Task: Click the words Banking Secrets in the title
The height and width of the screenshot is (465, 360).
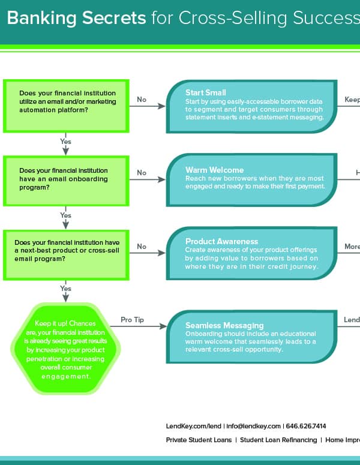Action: (76, 18)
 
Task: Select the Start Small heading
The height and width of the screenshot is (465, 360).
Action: (205, 93)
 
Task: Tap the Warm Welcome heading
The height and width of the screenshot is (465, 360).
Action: (214, 170)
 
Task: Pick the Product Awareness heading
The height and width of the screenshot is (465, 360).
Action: (221, 241)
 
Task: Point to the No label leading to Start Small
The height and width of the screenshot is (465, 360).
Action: (142, 100)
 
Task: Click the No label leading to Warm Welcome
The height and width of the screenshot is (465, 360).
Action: (142, 173)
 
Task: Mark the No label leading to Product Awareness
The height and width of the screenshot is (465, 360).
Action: (142, 246)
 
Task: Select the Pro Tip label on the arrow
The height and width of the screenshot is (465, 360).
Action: (133, 320)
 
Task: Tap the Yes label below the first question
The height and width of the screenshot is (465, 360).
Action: (65, 142)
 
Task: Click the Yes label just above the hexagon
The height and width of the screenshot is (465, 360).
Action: (65, 288)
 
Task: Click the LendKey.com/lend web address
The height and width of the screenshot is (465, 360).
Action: (193, 426)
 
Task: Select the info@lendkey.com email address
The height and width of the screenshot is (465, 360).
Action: (253, 426)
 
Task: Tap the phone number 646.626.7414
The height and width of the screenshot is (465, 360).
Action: (305, 426)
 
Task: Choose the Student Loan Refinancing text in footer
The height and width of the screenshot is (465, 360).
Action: (278, 440)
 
